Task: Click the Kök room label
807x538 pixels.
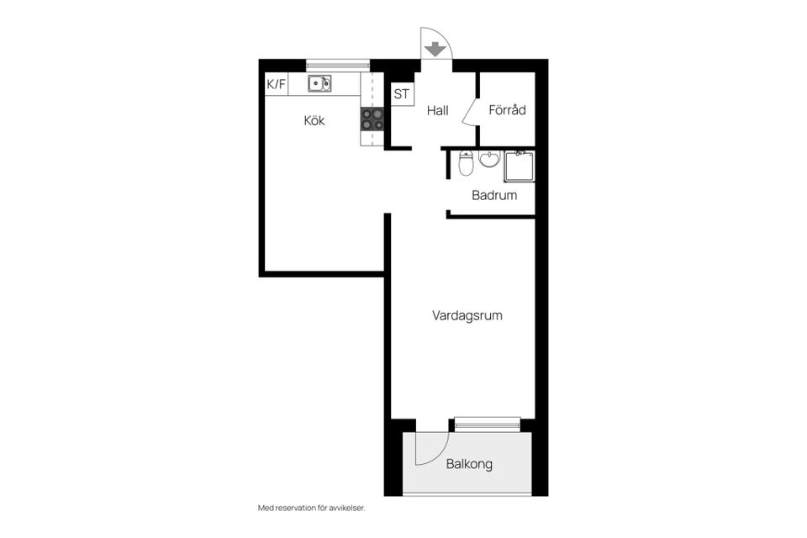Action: tap(314, 120)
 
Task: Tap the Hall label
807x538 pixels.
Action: tap(437, 110)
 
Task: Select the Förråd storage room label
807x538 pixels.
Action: tap(507, 109)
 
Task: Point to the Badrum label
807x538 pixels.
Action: tap(494, 195)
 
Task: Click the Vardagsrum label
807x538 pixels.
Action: tap(467, 315)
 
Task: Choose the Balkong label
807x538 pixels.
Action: tap(469, 464)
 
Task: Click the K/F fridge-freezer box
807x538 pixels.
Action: tap(277, 84)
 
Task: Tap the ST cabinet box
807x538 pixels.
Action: tap(402, 94)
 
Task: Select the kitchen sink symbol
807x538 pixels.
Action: tap(319, 83)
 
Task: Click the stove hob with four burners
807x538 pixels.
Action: tap(372, 119)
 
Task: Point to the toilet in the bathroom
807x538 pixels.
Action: tap(466, 163)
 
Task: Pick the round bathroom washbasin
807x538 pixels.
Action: tap(489, 159)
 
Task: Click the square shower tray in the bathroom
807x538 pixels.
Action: tap(520, 166)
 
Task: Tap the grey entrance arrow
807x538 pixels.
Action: tap(435, 50)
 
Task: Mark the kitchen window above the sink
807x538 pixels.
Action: tap(338, 66)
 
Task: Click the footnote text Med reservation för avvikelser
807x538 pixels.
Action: tap(311, 508)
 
